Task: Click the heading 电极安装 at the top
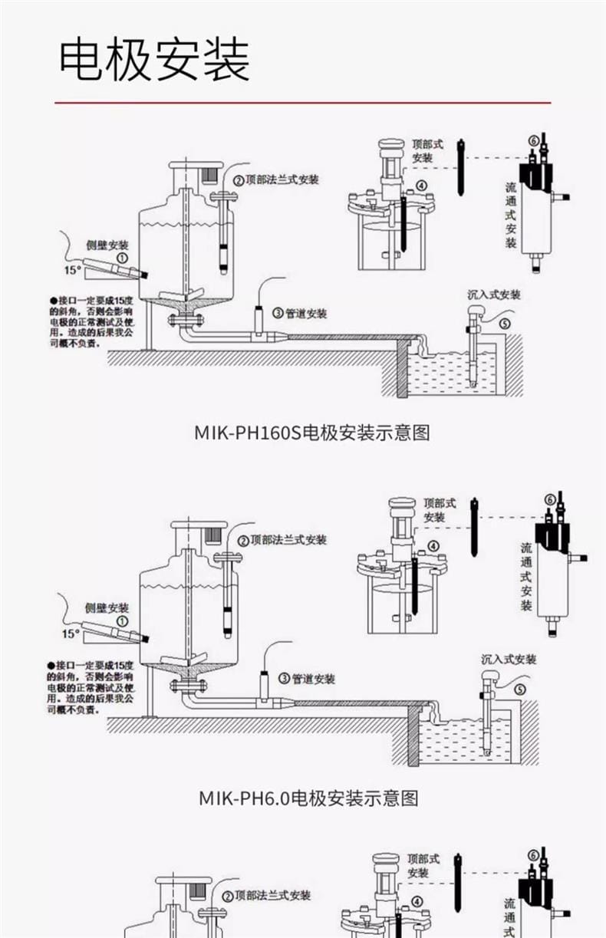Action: click(155, 61)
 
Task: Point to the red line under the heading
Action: click(302, 102)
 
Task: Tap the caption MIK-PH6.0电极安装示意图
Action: click(308, 798)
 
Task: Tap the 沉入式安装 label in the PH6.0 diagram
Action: click(509, 659)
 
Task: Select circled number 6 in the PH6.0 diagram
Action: click(548, 500)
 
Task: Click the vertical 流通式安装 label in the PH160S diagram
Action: click(512, 215)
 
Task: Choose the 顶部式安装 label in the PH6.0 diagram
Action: click(440, 510)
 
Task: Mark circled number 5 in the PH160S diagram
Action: click(504, 324)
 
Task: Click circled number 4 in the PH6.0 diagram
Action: click(433, 546)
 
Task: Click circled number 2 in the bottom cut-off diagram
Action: click(228, 896)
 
